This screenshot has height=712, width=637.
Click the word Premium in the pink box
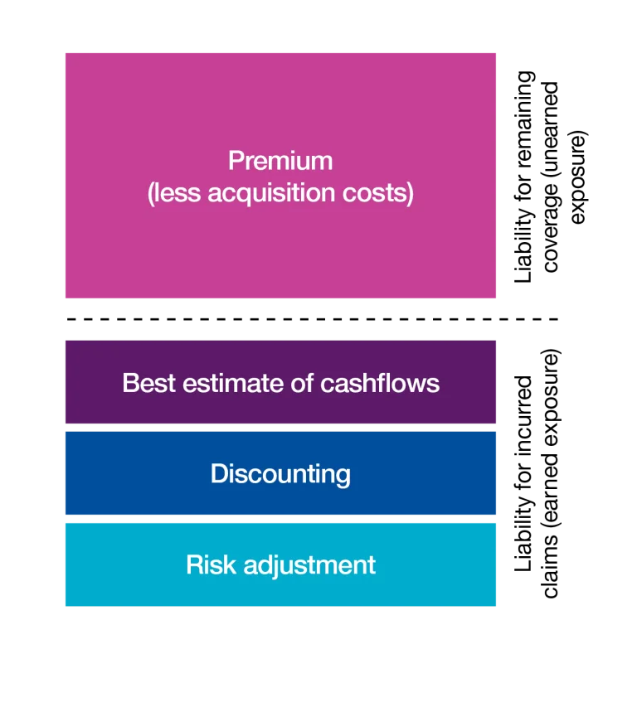[x=280, y=161]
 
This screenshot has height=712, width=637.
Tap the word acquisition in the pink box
[x=271, y=193]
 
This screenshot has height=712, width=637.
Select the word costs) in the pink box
[x=378, y=193]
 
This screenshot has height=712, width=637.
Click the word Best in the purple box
[x=148, y=383]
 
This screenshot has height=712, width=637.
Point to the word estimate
[x=233, y=383]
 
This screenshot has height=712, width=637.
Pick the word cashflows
[x=380, y=383]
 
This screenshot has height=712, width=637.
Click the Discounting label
[x=280, y=474]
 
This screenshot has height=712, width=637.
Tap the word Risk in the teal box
[x=211, y=565]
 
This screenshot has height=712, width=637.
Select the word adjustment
[x=309, y=566]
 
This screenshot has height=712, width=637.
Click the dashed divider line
[x=312, y=319]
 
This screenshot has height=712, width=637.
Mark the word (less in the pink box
[x=174, y=193]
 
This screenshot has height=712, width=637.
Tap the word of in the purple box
[x=302, y=383]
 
